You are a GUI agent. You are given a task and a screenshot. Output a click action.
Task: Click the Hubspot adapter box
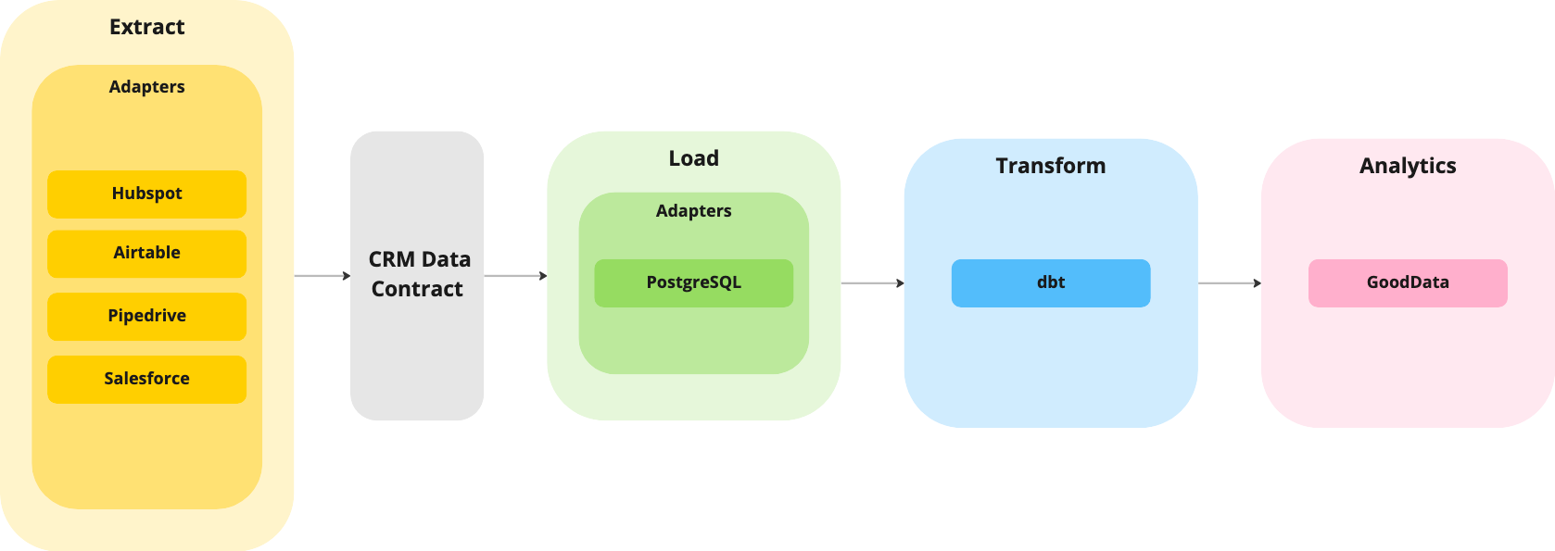tap(146, 194)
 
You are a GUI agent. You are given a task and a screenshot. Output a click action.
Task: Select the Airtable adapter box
tap(146, 253)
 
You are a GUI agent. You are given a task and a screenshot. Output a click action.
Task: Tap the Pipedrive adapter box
tap(146, 316)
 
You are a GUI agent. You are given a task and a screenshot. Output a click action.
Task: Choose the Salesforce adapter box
tap(146, 379)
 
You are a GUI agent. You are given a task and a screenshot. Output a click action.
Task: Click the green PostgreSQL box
tap(693, 282)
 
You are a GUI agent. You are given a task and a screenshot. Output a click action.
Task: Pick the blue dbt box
tap(1050, 282)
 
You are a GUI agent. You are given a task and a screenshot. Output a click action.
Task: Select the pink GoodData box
tap(1407, 282)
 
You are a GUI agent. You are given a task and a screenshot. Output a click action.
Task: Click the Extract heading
tap(146, 27)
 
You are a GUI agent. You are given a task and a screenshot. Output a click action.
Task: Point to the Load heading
tap(693, 158)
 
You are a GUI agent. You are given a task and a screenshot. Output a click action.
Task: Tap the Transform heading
tap(1050, 166)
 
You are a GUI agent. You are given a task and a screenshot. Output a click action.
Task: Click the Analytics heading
tap(1407, 166)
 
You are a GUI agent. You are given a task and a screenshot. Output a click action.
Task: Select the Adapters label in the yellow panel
tap(146, 87)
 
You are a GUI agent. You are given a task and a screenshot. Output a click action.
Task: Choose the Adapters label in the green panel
tap(693, 211)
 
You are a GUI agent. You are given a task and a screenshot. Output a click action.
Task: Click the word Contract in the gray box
tap(417, 289)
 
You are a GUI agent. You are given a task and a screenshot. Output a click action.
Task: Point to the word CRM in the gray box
tap(391, 259)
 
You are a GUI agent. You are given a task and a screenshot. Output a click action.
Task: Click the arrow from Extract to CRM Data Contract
tap(322, 276)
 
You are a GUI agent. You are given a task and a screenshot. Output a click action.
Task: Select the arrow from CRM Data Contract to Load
tap(515, 276)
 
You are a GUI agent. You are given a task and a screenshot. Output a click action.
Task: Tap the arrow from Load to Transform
tap(872, 283)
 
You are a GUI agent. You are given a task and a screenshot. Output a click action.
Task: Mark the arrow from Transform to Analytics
tap(1229, 283)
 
